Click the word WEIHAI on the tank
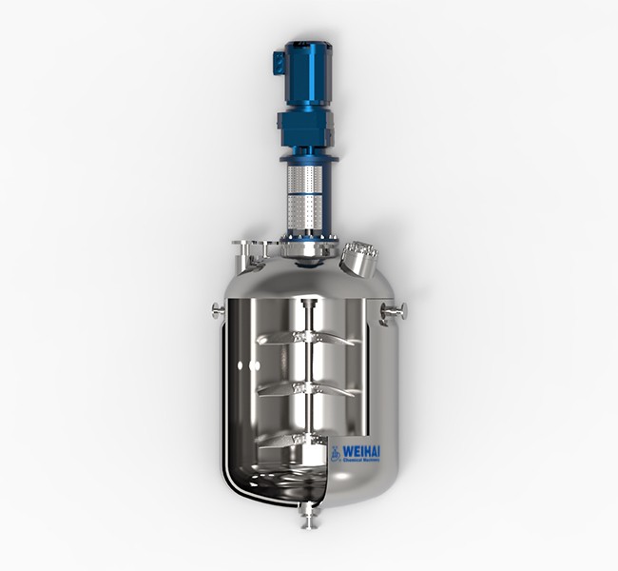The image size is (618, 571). (367, 450)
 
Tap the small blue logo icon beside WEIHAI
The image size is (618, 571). (338, 454)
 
